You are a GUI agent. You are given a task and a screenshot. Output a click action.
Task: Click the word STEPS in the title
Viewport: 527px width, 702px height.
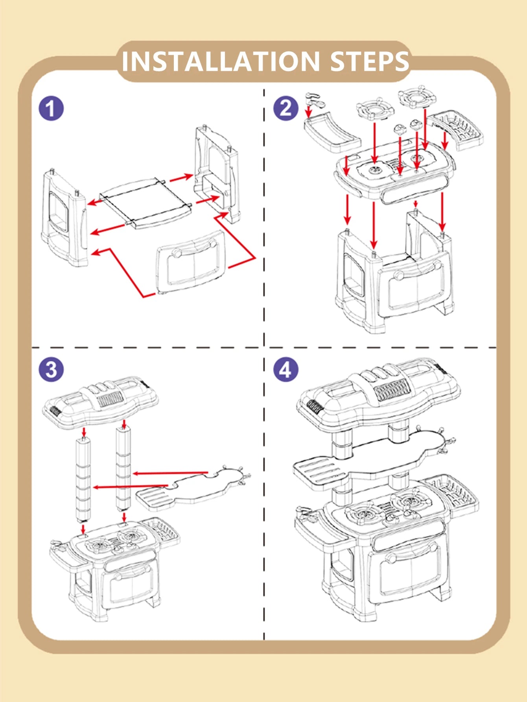click(x=370, y=62)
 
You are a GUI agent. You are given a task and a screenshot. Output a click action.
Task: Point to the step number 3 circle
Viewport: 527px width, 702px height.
click(x=51, y=370)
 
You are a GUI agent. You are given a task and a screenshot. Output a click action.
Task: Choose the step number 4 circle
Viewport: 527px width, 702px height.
click(x=286, y=370)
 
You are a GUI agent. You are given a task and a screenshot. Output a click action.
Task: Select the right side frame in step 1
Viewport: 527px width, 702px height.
click(x=216, y=173)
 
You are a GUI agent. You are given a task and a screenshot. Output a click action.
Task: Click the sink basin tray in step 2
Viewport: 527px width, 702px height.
click(x=332, y=132)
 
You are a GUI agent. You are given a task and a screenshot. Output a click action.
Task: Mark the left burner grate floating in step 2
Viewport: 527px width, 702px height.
click(x=374, y=109)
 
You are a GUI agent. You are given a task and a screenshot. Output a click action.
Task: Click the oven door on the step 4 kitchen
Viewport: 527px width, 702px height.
click(x=409, y=566)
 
